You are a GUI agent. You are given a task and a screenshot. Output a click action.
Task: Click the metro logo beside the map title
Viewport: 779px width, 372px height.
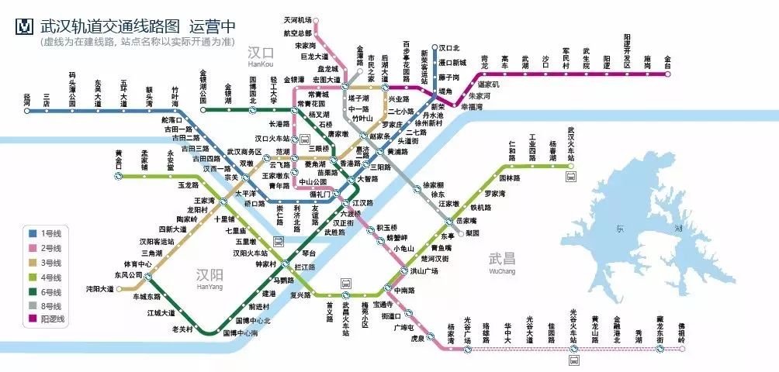click(x=24, y=26)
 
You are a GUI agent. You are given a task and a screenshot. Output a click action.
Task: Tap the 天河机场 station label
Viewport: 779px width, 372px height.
click(x=296, y=19)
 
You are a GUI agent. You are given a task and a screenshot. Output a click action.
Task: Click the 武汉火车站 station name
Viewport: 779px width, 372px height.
click(x=574, y=144)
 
